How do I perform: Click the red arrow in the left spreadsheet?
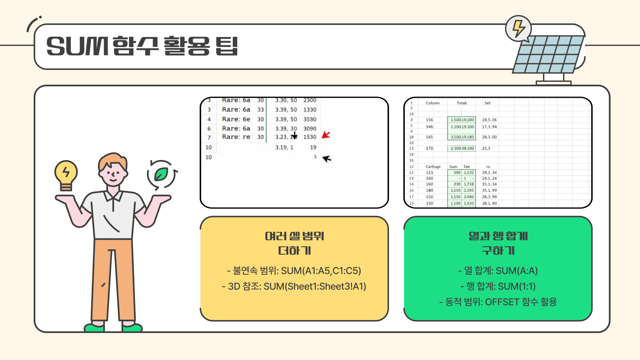click(326, 135)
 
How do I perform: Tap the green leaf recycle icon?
click(162, 174)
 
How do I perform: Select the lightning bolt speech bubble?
click(518, 29)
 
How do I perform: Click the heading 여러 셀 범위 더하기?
click(294, 243)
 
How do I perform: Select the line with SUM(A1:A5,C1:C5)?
click(294, 271)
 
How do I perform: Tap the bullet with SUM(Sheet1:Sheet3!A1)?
click(294, 286)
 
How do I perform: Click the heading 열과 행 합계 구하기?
click(498, 243)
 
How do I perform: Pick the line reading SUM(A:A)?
click(498, 271)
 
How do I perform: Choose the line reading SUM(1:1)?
click(498, 286)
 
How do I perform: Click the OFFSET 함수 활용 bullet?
click(498, 302)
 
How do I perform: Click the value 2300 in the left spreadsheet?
click(310, 100)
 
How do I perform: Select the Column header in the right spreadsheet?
click(433, 103)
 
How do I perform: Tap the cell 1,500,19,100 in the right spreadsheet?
click(462, 120)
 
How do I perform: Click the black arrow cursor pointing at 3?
click(327, 159)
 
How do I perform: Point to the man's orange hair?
click(113, 160)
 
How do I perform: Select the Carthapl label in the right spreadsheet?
click(433, 167)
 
